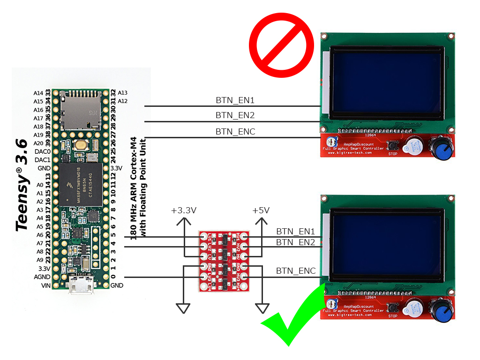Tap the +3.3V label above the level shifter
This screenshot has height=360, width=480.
(x=183, y=210)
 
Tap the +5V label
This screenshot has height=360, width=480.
(x=261, y=210)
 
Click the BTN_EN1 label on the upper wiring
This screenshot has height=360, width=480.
(x=235, y=100)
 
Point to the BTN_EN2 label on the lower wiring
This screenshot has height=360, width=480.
(x=295, y=242)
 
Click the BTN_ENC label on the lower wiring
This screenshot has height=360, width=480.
(x=295, y=270)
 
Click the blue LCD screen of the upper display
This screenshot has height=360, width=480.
(x=386, y=82)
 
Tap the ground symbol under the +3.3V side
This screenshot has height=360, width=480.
(x=183, y=308)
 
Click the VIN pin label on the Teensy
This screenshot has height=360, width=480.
(x=45, y=285)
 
